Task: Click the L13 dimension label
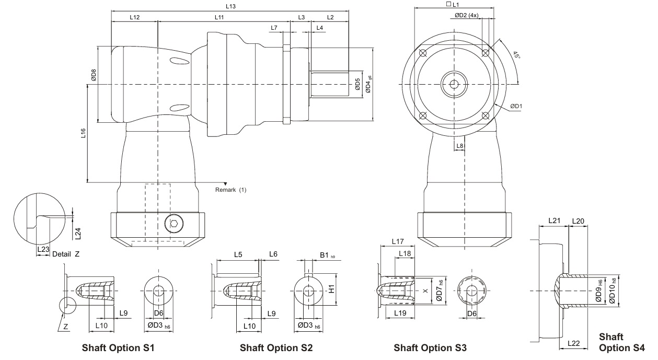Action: coord(230,6)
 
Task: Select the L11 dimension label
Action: coord(220,17)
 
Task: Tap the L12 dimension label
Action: coord(134,17)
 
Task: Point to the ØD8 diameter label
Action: coord(94,76)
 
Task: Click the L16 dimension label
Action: coord(83,135)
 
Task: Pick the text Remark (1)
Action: coord(230,190)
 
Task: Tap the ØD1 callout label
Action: coord(517,107)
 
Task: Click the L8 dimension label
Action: coord(460,146)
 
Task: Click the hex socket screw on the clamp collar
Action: coord(174,225)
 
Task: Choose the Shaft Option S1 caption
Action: coord(118,347)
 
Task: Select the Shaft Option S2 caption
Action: coord(276,347)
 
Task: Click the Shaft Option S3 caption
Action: coord(430,347)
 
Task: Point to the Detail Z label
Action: coord(66,254)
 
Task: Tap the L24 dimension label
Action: coord(78,234)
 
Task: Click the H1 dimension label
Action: coord(331,289)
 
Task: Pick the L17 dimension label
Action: coord(398,242)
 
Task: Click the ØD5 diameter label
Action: coord(357,84)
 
